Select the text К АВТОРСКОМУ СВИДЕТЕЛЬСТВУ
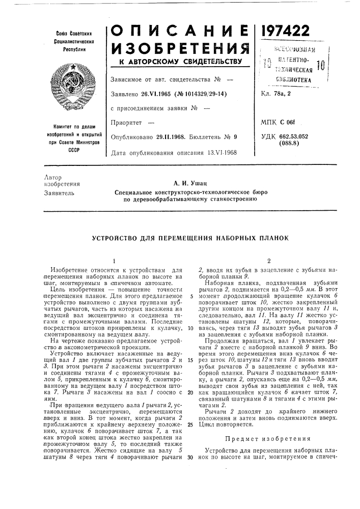pyautogui.click(x=179, y=62)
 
